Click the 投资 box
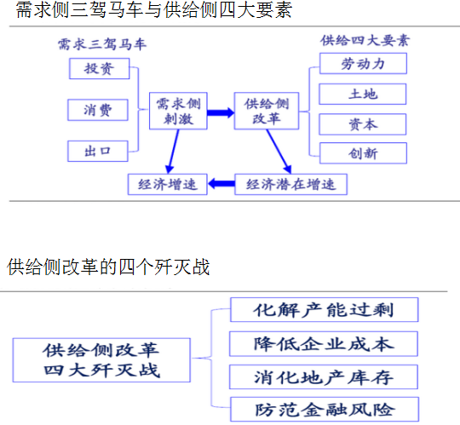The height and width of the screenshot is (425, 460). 99,69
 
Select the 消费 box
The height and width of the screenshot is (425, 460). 98,110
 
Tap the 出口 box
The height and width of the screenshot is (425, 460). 98,151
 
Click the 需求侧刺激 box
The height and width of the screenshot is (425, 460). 178,111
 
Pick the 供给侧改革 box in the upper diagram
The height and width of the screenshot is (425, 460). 267,111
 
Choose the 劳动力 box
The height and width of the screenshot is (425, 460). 363,63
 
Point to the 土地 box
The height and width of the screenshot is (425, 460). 363,95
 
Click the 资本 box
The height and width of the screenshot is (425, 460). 363,124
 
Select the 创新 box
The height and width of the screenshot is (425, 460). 363,153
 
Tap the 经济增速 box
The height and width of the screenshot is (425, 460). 168,184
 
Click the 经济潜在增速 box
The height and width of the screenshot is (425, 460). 290,184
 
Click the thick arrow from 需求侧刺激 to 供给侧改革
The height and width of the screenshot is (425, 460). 221,112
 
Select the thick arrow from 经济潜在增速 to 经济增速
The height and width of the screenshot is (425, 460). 221,184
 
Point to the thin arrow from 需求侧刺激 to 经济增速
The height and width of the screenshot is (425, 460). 174,152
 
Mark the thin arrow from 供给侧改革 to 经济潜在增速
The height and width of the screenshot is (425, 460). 279,152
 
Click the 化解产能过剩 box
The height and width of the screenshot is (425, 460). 325,310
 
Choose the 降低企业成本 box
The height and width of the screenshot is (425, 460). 324,344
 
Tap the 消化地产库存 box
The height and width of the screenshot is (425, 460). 324,377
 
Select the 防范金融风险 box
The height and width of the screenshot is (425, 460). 325,410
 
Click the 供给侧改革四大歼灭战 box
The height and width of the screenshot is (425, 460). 101,360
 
